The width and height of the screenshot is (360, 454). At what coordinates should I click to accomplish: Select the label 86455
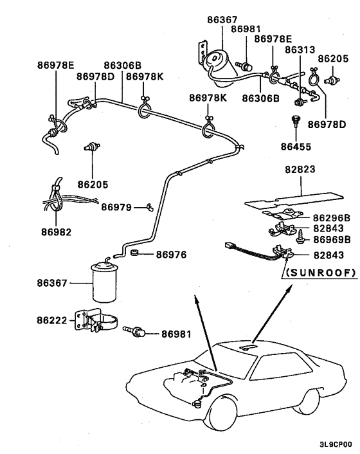(x=296, y=147)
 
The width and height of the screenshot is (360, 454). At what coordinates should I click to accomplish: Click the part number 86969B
(x=331, y=239)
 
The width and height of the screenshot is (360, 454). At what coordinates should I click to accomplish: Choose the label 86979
(x=116, y=208)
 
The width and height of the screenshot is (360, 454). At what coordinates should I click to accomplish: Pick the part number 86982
(x=55, y=231)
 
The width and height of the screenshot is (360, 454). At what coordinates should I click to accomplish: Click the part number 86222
(x=53, y=319)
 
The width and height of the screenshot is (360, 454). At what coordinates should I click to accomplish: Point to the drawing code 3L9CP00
(x=335, y=444)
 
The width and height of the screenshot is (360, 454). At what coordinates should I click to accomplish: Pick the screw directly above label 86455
(x=296, y=122)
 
